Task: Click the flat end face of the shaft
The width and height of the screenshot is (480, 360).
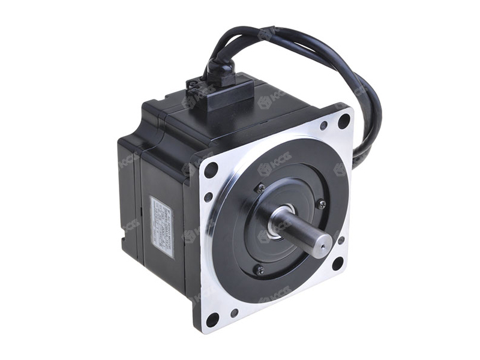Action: pos(320,242)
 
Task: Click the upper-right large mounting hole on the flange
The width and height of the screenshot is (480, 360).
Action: pos(344,120)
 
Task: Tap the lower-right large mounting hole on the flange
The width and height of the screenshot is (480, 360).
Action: pos(338,263)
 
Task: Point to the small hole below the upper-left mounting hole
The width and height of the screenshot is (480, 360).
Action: pos(208,196)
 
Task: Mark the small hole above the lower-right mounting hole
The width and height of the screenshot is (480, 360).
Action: pos(341,240)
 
